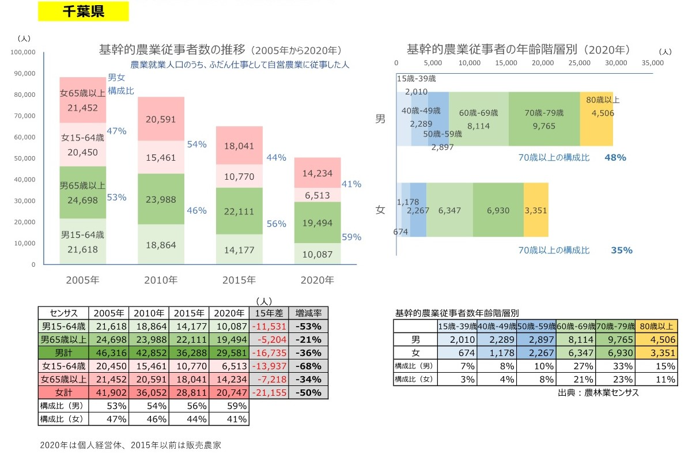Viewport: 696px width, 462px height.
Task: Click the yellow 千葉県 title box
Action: [x=83, y=12]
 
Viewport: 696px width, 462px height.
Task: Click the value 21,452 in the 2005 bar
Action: [x=82, y=107]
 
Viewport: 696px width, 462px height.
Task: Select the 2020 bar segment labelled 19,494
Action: [x=317, y=223]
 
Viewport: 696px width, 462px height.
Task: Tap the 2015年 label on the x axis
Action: [x=239, y=281]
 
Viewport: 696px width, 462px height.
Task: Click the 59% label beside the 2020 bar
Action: [x=351, y=237]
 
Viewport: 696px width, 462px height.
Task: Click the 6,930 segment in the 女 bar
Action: [x=498, y=210]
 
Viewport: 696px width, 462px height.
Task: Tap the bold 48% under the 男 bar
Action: [x=615, y=157]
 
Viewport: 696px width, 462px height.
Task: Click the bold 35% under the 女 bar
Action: [x=621, y=250]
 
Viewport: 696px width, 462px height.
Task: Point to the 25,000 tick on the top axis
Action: [x=580, y=62]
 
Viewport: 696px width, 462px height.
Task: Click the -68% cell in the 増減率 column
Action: [x=308, y=366]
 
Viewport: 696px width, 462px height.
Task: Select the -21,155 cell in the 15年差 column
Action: [x=268, y=392]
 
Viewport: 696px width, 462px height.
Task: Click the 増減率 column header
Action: [x=308, y=313]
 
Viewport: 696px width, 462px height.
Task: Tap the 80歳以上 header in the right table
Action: [x=657, y=326]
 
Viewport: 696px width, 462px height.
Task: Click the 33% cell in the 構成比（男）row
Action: [x=615, y=366]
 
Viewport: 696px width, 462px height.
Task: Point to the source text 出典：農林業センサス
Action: [x=598, y=393]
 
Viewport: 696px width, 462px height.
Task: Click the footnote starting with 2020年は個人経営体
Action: [x=131, y=445]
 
